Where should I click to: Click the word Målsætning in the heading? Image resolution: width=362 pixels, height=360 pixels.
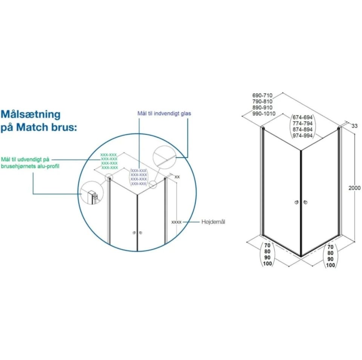pyautogui.click(x=31, y=114)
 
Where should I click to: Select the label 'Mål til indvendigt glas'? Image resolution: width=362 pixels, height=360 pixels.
pyautogui.click(x=164, y=113)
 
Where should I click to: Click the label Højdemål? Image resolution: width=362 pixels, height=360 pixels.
pyautogui.click(x=213, y=222)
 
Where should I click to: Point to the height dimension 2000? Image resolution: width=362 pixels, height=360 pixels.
pyautogui.click(x=354, y=188)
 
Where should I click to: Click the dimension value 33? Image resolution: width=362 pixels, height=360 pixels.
pyautogui.click(x=354, y=126)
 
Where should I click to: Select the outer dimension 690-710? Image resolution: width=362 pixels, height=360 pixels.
pyautogui.click(x=262, y=95)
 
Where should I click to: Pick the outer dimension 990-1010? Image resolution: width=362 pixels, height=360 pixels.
pyautogui.click(x=264, y=113)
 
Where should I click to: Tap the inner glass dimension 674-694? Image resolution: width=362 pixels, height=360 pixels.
pyautogui.click(x=302, y=117)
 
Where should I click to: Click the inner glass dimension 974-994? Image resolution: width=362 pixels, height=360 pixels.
pyautogui.click(x=302, y=136)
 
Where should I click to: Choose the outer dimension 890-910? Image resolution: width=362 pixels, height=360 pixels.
pyautogui.click(x=262, y=107)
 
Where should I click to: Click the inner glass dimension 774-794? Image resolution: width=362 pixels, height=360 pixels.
pyautogui.click(x=302, y=124)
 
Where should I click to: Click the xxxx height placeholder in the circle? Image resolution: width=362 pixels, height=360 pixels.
pyautogui.click(x=176, y=222)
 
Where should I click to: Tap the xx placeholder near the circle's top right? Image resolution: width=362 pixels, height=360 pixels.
pyautogui.click(x=177, y=177)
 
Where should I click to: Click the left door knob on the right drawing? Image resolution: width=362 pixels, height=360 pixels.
pyautogui.click(x=296, y=202)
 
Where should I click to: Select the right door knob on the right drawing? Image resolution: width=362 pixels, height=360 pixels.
pyautogui.click(x=305, y=202)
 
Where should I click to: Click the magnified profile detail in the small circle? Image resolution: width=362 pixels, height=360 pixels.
pyautogui.click(x=92, y=193)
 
